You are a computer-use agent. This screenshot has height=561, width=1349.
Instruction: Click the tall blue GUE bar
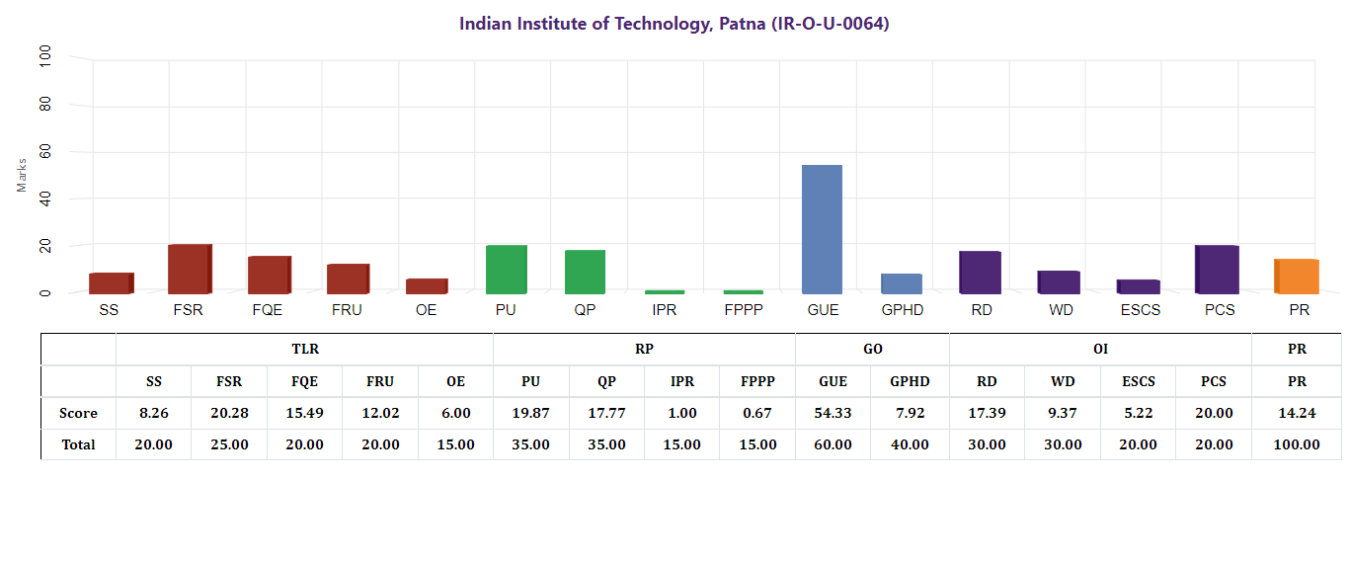(x=822, y=229)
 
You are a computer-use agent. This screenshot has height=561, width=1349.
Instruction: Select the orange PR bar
(x=1298, y=277)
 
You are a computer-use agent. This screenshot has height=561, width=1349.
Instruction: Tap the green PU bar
(x=506, y=270)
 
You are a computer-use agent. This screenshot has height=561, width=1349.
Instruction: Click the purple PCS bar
(x=1218, y=270)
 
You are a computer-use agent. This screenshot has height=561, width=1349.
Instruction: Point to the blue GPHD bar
(x=901, y=283)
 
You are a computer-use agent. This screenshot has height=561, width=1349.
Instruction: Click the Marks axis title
(x=22, y=175)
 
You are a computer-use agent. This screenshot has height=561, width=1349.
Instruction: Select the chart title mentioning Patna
(x=674, y=24)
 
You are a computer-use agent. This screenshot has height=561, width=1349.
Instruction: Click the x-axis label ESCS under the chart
(x=1139, y=310)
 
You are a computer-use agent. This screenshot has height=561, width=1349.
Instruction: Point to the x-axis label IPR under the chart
(x=664, y=310)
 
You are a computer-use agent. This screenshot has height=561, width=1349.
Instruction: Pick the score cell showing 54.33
(x=833, y=413)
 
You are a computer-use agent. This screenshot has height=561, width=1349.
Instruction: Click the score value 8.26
(x=153, y=413)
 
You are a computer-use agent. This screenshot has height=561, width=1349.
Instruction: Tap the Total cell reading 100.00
(x=1296, y=444)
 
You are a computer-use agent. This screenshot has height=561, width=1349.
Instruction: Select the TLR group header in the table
(x=304, y=349)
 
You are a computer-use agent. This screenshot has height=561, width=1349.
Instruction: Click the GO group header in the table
(x=872, y=349)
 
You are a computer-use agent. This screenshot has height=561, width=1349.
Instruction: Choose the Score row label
(x=78, y=413)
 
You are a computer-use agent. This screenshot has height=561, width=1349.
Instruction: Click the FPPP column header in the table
(x=757, y=381)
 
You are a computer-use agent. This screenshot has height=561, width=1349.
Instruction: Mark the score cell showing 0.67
(x=757, y=413)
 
